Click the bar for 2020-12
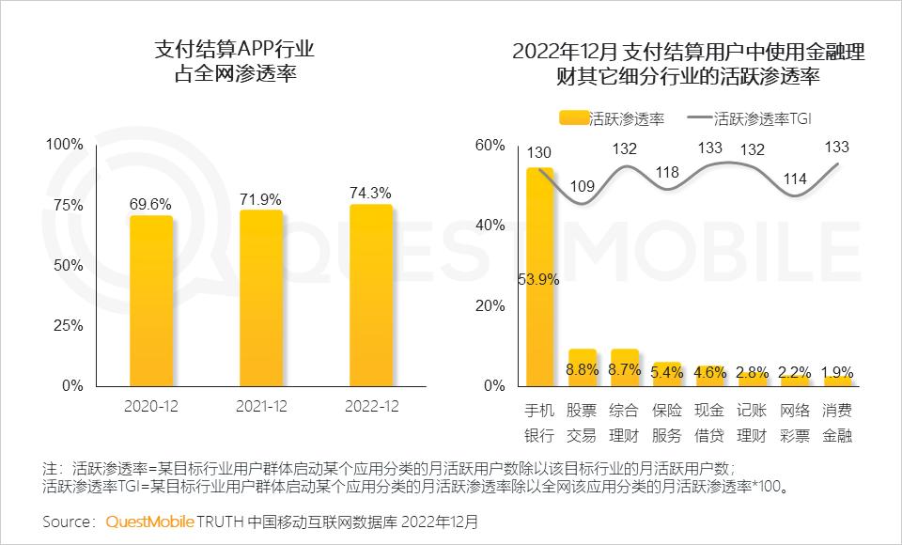(x=151, y=301)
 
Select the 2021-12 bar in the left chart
(x=261, y=298)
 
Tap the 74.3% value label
(x=370, y=192)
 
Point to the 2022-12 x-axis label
(x=370, y=406)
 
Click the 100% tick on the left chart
(x=66, y=145)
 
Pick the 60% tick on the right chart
(x=490, y=145)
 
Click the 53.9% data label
(x=539, y=279)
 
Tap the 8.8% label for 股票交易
(x=583, y=370)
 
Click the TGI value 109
(x=583, y=186)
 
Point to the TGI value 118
(x=667, y=172)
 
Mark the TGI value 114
(x=795, y=179)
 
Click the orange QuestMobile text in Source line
(x=150, y=521)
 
